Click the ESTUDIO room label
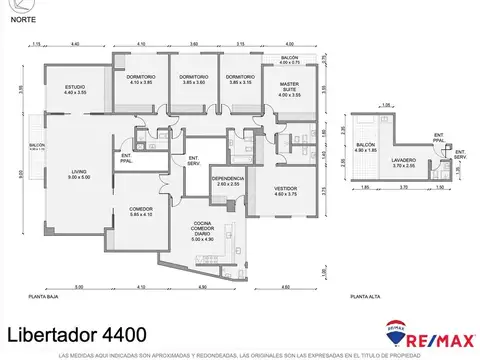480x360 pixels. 74,90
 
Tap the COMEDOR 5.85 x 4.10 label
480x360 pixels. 140,212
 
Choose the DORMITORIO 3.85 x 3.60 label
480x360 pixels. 193,80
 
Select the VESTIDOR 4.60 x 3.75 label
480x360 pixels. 289,192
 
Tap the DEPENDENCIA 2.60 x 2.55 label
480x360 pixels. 227,181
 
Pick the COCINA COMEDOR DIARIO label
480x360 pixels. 203,231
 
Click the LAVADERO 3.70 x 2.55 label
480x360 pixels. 404,163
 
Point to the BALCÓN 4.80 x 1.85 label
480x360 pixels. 367,147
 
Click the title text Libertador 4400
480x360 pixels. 77,331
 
